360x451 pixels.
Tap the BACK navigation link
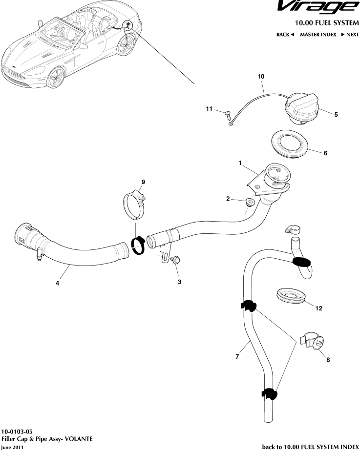click(x=285, y=35)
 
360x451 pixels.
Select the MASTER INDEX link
click(x=318, y=35)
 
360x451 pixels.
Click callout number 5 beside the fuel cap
click(x=336, y=115)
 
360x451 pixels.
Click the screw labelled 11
click(x=227, y=115)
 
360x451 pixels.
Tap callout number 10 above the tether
click(x=260, y=77)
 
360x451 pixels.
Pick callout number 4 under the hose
click(x=57, y=283)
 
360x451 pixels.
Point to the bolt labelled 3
click(x=176, y=261)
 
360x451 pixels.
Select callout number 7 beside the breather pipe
click(x=237, y=357)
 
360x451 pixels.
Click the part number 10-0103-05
click(x=18, y=432)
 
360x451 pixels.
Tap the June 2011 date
click(x=12, y=447)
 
